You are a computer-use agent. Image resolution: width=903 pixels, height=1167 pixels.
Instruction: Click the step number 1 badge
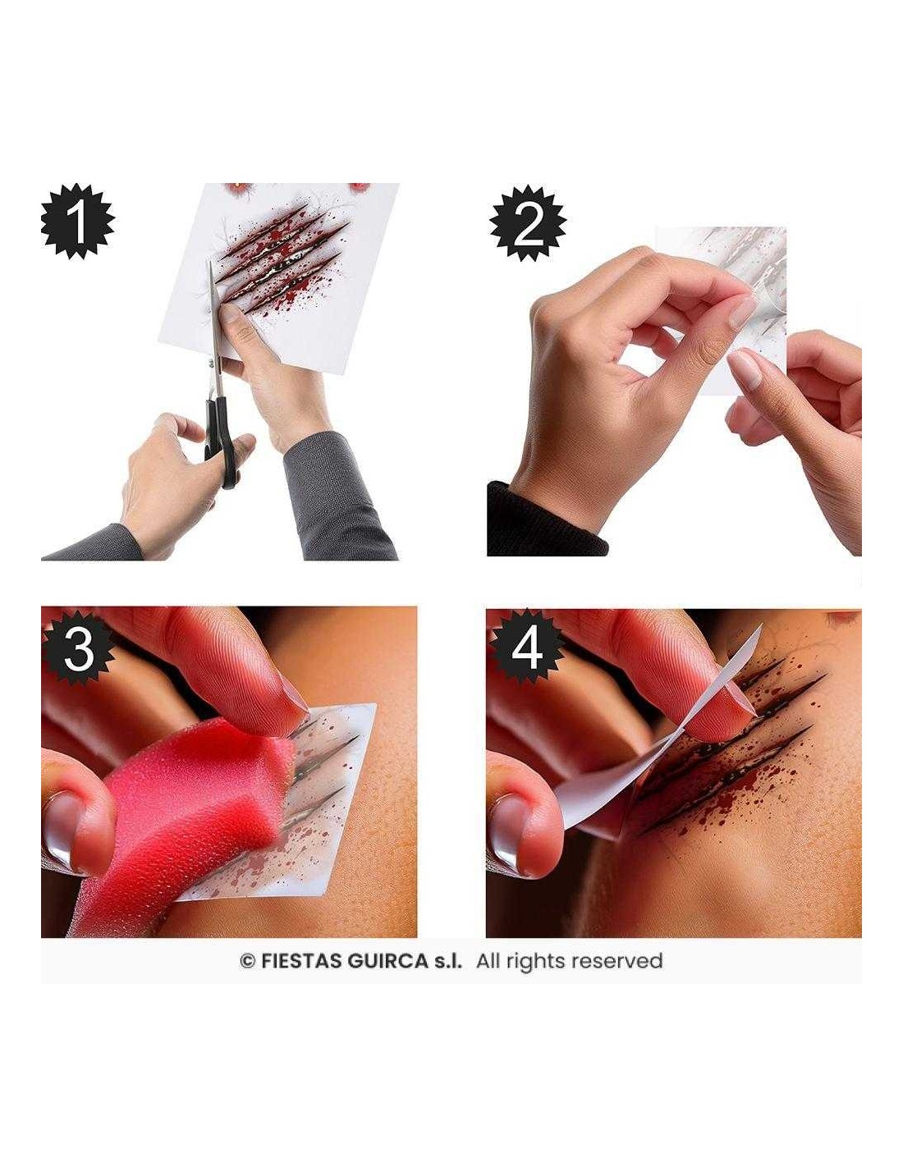(x=77, y=221)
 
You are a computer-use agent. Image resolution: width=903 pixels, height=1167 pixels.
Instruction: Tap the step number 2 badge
(x=528, y=222)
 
